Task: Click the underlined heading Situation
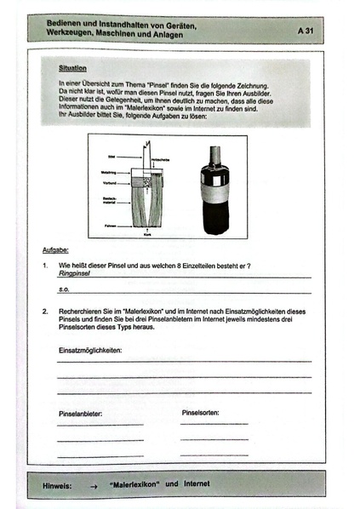click(72, 66)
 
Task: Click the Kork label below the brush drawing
click(149, 232)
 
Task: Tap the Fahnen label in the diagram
click(109, 226)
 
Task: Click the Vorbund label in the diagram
click(108, 184)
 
